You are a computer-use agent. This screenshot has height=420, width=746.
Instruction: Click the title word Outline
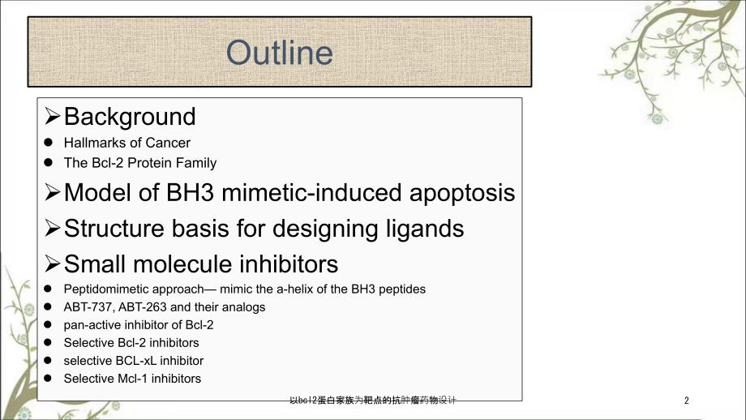pos(279,53)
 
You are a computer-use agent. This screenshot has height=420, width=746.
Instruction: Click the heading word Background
pos(130,117)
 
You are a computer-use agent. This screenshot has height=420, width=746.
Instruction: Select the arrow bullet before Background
pos(53,116)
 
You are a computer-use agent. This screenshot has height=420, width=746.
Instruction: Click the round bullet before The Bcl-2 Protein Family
pos(48,162)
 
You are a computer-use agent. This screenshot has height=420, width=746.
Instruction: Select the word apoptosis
pos(462,194)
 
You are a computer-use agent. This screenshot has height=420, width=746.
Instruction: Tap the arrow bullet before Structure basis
pos(53,228)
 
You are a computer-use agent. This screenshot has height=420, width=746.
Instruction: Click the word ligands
pos(425,229)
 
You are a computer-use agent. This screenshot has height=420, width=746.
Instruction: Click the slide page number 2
pos(687,401)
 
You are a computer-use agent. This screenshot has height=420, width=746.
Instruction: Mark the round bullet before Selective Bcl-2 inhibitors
pos(48,342)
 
